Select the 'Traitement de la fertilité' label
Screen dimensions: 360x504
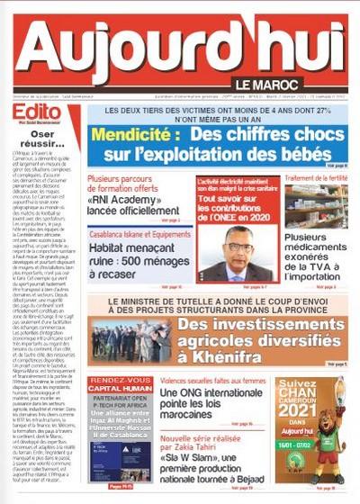(315, 179)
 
